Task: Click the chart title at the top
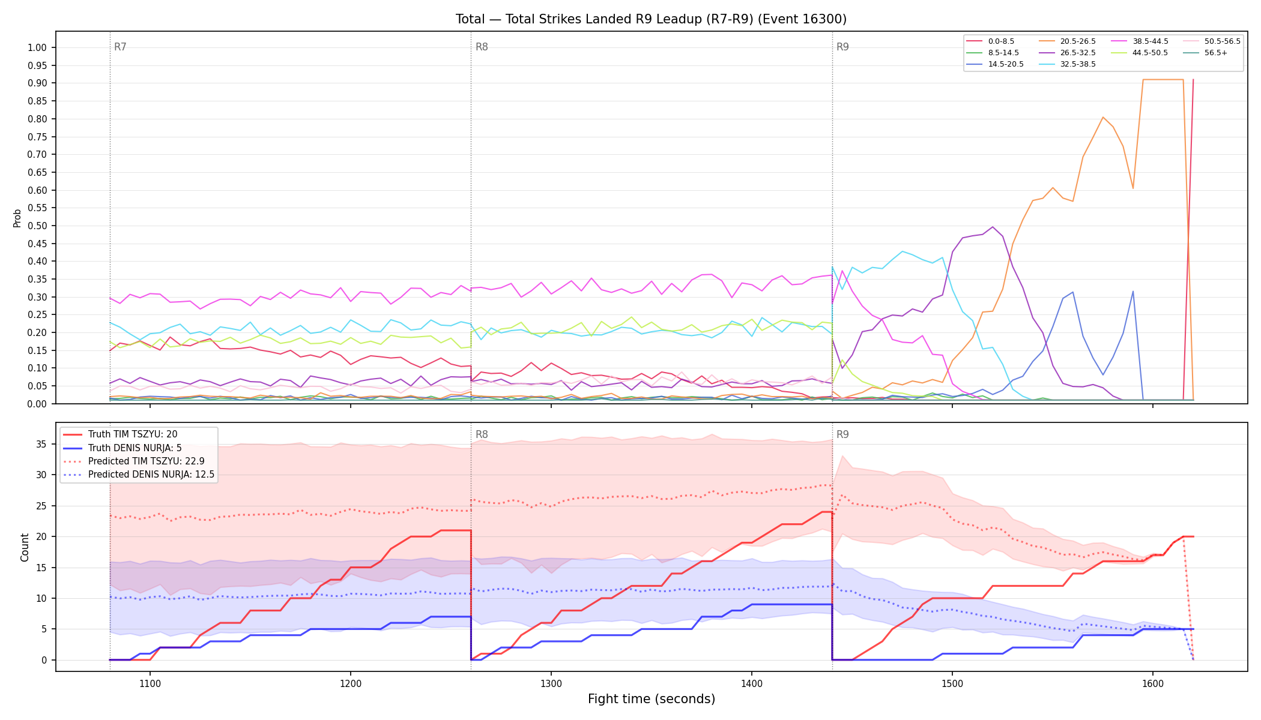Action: tap(651, 19)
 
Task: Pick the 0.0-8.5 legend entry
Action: tap(990, 41)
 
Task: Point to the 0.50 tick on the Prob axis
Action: tap(37, 226)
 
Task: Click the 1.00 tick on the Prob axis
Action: tap(37, 48)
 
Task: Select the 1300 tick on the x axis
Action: tap(551, 683)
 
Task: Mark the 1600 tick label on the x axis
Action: tap(1153, 683)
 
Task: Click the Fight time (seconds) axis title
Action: tap(652, 699)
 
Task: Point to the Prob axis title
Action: tap(17, 218)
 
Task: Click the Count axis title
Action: tap(25, 547)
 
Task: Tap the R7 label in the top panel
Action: tap(120, 47)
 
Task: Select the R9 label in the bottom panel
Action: tap(842, 434)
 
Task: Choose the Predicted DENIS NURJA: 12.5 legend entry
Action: tap(138, 475)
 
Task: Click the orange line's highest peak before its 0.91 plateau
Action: tap(1102, 117)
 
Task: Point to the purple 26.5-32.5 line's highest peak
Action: tap(993, 227)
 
